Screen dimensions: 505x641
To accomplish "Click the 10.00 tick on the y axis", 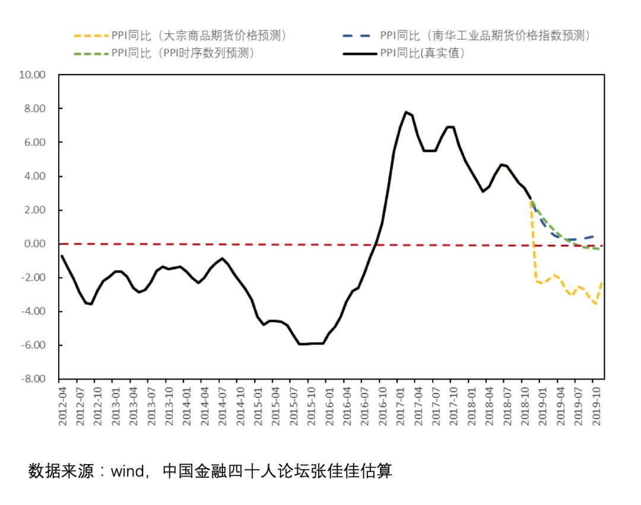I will click(33, 75).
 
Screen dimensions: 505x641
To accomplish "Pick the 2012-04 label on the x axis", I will click(62, 405).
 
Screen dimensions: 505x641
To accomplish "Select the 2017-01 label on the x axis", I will click(401, 405).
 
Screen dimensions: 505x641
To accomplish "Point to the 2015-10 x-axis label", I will click(312, 405).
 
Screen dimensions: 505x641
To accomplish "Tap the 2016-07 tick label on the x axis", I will click(364, 405).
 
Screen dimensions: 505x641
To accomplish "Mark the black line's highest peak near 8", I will click(406, 111).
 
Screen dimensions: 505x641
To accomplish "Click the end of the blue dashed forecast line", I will click(595, 236).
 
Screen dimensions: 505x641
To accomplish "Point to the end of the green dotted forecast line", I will click(598, 249).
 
